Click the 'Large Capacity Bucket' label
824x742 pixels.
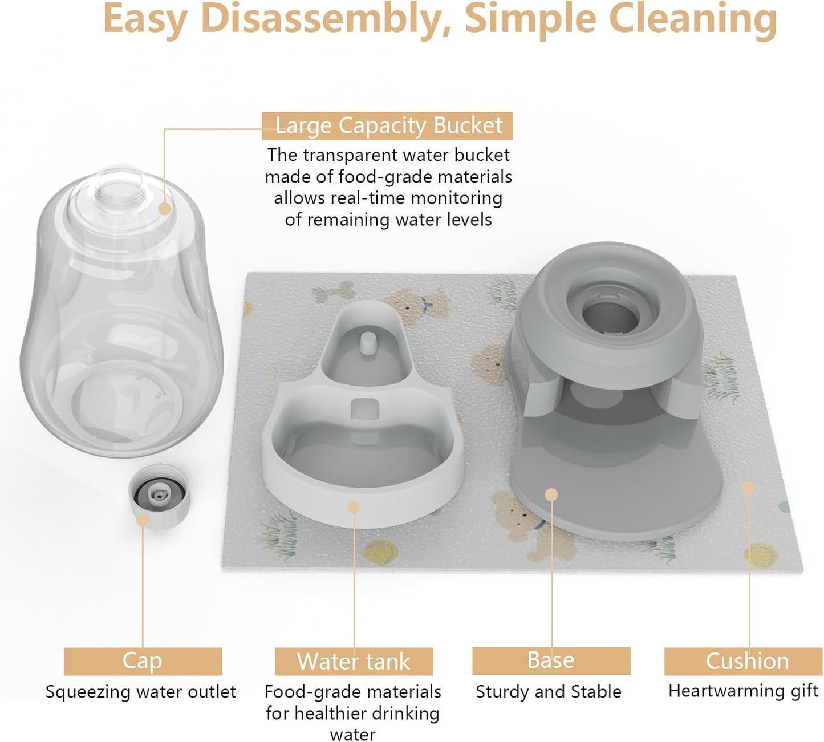click(x=388, y=126)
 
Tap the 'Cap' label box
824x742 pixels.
click(x=143, y=662)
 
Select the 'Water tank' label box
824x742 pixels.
click(x=354, y=662)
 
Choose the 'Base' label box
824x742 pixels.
click(x=551, y=660)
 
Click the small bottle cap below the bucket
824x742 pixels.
click(x=158, y=494)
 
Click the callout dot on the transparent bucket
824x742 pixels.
click(x=164, y=209)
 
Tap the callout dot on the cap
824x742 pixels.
click(x=143, y=520)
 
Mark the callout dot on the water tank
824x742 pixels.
click(x=354, y=506)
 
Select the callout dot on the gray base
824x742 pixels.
click(x=551, y=494)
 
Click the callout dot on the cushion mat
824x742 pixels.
click(x=749, y=488)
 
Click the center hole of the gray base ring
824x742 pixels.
click(x=608, y=317)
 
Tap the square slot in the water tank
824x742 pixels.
click(x=365, y=409)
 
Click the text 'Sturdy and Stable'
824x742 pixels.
click(x=549, y=692)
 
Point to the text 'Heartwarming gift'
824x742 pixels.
click(x=744, y=691)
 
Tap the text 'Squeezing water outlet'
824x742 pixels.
click(x=141, y=692)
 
